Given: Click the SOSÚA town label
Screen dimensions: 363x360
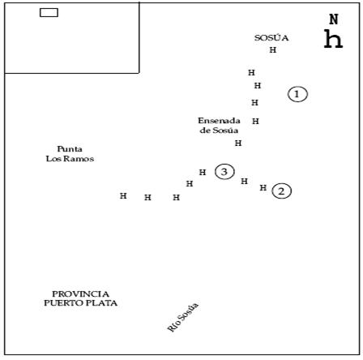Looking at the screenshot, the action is (x=271, y=38).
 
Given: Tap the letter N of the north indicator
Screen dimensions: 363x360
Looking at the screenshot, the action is (x=334, y=19).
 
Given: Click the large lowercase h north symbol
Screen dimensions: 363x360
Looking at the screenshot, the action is (x=333, y=39).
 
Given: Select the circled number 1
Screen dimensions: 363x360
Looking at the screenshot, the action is (x=297, y=94).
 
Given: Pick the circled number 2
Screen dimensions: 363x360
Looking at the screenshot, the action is (x=281, y=191).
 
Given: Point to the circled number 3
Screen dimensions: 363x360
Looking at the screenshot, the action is (x=224, y=172).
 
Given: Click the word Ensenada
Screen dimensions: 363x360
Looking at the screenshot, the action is (x=219, y=121).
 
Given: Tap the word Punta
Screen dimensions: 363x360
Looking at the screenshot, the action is (x=70, y=149).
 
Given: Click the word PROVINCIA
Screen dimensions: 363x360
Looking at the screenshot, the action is (x=80, y=294).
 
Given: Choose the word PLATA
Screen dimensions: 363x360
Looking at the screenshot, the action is (x=104, y=303).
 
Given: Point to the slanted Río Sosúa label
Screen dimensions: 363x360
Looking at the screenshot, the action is (x=183, y=317).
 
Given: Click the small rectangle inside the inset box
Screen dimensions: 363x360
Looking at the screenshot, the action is (x=49, y=13).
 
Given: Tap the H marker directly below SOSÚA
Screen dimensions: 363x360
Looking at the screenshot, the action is (x=273, y=49).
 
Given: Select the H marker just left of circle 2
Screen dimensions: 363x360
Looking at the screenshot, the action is (x=263, y=187).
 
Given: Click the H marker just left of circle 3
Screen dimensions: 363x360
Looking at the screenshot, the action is (x=203, y=172).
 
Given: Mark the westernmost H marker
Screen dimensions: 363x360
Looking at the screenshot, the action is (x=123, y=195).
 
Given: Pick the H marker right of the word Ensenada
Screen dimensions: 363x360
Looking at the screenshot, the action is (x=255, y=121).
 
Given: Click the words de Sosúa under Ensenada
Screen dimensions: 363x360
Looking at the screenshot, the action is (x=219, y=131).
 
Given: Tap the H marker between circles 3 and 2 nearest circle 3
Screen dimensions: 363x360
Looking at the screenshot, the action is (x=244, y=181).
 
